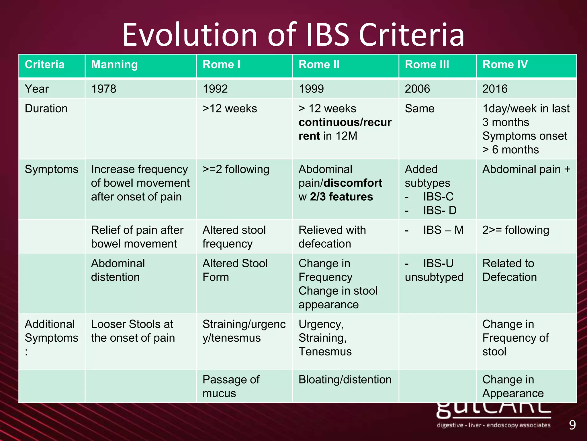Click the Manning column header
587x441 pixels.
(x=114, y=65)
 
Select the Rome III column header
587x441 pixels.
(x=427, y=65)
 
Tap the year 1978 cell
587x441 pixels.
(x=104, y=89)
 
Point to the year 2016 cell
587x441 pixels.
(x=495, y=89)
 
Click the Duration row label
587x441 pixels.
(x=46, y=109)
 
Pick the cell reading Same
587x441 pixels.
(x=420, y=109)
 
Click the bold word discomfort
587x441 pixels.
(x=353, y=183)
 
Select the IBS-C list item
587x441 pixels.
(x=438, y=197)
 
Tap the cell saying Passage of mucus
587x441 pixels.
(x=231, y=386)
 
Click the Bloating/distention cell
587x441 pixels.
(x=345, y=380)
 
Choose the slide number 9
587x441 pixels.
(x=572, y=425)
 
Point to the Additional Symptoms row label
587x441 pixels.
(x=51, y=331)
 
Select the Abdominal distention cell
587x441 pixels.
(x=118, y=270)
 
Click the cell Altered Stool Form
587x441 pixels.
(x=235, y=270)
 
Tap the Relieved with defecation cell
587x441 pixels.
(x=332, y=237)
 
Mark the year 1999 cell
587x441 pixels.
(x=311, y=89)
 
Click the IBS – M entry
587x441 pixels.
(x=443, y=230)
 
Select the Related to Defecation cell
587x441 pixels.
(x=509, y=270)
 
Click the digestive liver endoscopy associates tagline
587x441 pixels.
(x=493, y=425)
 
